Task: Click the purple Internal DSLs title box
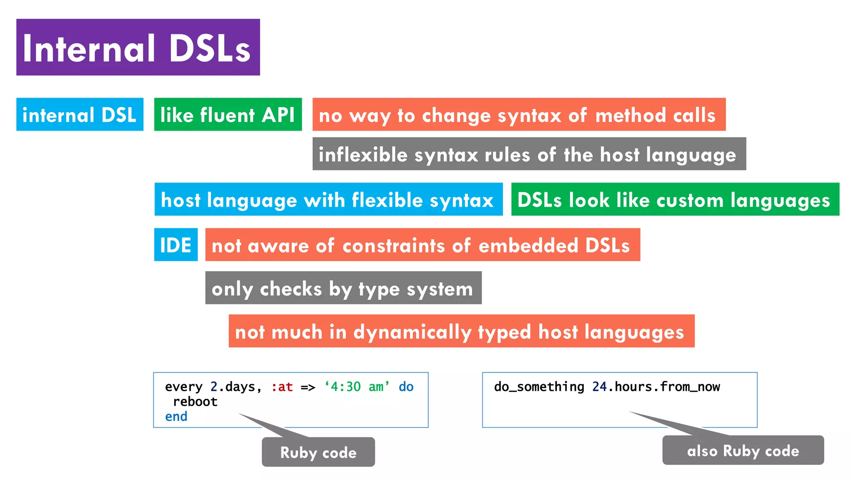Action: tap(138, 47)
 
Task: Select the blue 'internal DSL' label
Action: tap(80, 115)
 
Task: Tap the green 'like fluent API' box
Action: tap(228, 115)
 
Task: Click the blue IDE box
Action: tap(176, 245)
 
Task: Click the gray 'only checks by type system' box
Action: tap(343, 288)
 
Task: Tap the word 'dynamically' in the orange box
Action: tap(412, 332)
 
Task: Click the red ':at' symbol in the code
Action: tap(282, 387)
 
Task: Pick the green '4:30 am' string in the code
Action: tap(357, 387)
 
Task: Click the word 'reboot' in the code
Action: tap(195, 402)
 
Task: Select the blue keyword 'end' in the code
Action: tap(176, 417)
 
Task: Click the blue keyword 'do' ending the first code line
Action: tap(406, 387)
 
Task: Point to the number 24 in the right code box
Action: tap(599, 387)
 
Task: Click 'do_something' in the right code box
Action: tap(539, 387)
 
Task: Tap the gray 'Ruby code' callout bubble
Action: tap(318, 452)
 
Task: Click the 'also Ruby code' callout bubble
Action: tap(743, 451)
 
